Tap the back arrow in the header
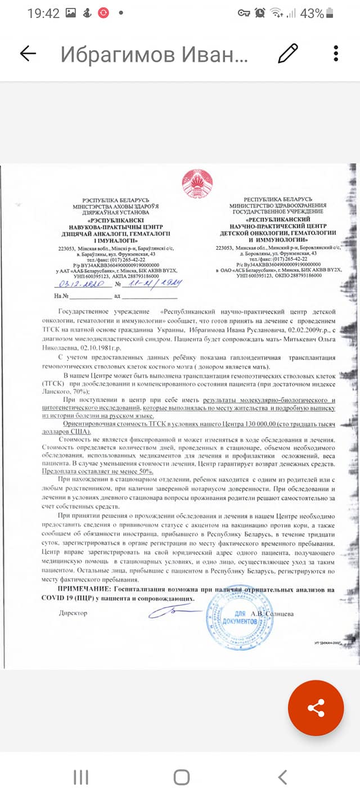pos(28,53)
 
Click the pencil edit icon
pos(288,53)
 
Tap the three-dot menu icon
pos(336,53)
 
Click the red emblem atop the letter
pos(197,183)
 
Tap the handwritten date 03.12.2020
pos(78,284)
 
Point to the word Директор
pos(73,613)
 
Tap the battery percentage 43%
pos(312,13)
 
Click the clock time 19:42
pos(43,13)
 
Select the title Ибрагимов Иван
pos(154,55)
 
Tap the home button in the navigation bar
pos(181,777)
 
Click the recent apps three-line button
pos(81,777)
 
